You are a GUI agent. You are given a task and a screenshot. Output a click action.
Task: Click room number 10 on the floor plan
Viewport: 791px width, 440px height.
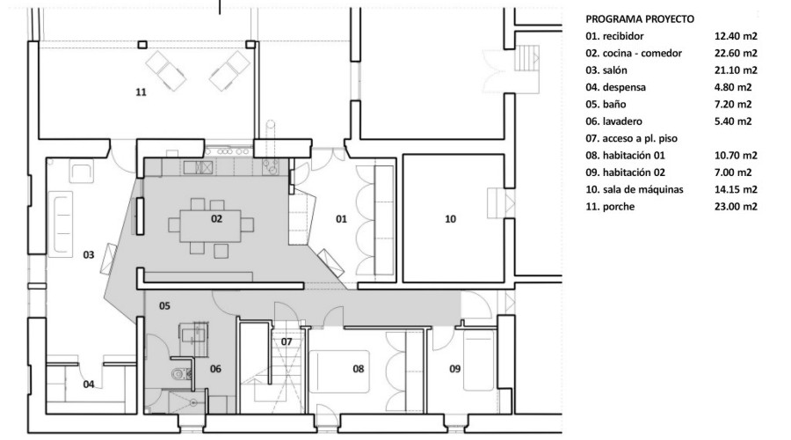451,219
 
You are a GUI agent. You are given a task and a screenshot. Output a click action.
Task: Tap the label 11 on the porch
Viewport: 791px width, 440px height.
141,92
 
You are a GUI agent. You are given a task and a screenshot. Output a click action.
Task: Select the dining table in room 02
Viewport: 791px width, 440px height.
210,225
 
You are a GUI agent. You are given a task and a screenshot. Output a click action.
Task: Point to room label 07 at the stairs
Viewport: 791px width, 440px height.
287,342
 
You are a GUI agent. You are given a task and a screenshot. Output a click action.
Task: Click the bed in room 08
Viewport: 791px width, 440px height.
339,371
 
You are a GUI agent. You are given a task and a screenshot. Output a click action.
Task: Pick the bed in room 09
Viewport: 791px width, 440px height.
478,360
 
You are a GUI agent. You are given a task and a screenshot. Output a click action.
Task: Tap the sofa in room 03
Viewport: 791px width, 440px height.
61,222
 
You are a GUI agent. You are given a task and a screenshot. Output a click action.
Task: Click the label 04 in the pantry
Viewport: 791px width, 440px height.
89,385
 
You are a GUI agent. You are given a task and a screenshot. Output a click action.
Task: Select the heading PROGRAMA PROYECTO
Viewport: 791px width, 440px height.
640,19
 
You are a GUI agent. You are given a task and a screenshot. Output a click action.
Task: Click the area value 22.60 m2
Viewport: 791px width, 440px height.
736,53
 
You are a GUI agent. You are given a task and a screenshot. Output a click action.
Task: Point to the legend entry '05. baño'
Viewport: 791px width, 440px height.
606,105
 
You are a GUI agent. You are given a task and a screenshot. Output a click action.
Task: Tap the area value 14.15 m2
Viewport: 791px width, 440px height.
736,189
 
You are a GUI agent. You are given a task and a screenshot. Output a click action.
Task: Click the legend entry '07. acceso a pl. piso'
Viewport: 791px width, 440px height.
631,138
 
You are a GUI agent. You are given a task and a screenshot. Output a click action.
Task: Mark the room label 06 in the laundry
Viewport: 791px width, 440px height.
215,369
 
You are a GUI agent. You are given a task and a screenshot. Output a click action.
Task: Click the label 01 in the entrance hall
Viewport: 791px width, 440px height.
342,219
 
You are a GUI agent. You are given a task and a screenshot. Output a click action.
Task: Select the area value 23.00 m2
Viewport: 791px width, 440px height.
736,207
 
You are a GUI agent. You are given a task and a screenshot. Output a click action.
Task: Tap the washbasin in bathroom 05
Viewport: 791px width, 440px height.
193,334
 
